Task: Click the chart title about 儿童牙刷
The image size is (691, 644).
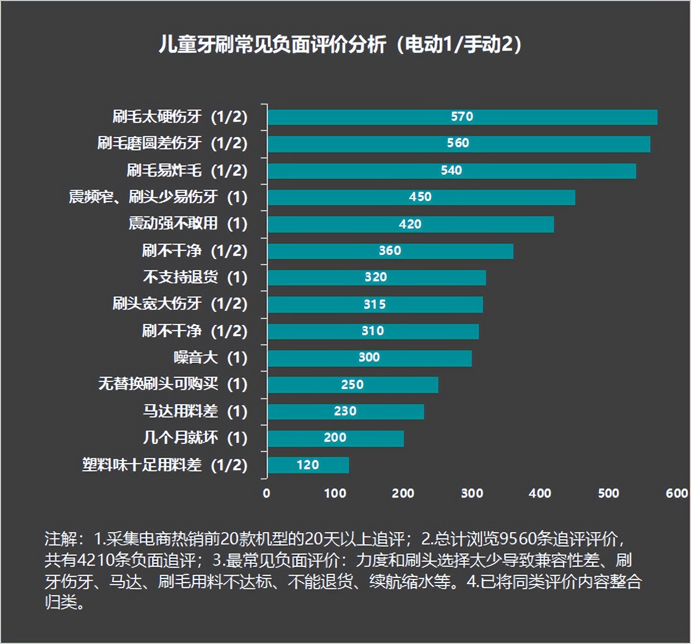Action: (x=340, y=45)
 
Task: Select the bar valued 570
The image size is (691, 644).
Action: (x=462, y=117)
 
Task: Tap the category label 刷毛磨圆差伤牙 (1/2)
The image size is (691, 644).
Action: (x=172, y=143)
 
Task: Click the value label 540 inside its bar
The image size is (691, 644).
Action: (x=451, y=171)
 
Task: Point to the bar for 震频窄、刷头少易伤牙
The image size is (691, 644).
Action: (x=421, y=197)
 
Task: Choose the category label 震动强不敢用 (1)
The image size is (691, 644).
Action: (x=188, y=223)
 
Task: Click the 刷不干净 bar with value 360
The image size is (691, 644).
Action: (x=390, y=251)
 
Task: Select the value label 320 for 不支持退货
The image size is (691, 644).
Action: (x=375, y=277)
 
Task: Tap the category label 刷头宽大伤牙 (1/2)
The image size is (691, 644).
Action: (x=180, y=304)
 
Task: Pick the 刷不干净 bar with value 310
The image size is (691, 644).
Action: (x=373, y=331)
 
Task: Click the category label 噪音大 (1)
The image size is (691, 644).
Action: (x=210, y=358)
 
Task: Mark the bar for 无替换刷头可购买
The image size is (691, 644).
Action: (x=353, y=384)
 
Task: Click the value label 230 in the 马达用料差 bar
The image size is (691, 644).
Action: (x=345, y=411)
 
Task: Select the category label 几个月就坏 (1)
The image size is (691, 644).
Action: (x=195, y=438)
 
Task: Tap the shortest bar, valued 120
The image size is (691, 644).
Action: (x=308, y=465)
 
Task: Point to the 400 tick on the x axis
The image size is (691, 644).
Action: (x=540, y=493)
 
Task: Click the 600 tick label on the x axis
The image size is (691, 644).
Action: (x=676, y=493)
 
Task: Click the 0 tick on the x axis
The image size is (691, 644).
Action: (x=266, y=493)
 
